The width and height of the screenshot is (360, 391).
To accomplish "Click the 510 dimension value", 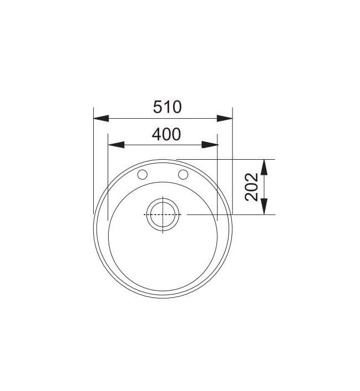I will click(x=167, y=106).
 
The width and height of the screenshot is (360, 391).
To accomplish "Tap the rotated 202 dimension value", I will click(x=251, y=187).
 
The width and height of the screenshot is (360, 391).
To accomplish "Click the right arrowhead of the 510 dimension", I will click(x=224, y=118).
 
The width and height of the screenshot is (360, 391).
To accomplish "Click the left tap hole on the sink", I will click(x=142, y=175).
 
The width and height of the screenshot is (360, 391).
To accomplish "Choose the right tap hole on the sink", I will click(x=182, y=175).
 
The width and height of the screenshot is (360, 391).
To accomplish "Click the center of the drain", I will click(x=163, y=214).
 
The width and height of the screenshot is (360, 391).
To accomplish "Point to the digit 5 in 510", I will click(x=158, y=106).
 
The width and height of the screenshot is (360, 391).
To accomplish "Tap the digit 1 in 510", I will click(x=168, y=106).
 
